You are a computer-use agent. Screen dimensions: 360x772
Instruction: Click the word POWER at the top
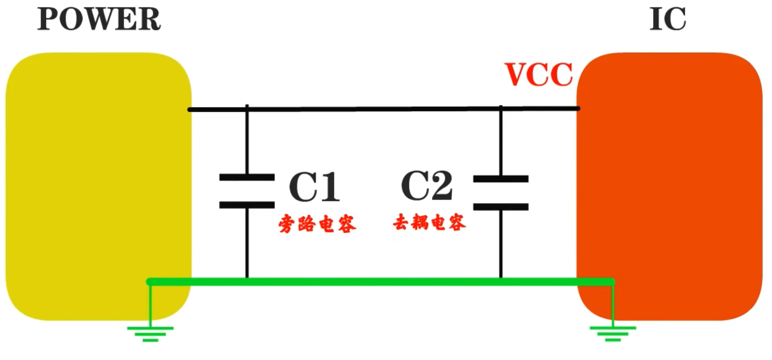pyautogui.click(x=99, y=19)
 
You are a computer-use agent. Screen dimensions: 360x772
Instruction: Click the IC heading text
pyautogui.click(x=667, y=19)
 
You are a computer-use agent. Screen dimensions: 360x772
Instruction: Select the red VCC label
pyautogui.click(x=539, y=74)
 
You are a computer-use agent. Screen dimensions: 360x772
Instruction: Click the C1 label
pyautogui.click(x=314, y=187)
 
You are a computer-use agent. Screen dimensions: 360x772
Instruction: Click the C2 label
pyautogui.click(x=426, y=186)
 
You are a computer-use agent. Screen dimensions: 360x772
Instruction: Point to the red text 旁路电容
pyautogui.click(x=317, y=223)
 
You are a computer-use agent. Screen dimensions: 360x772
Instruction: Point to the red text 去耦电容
pyautogui.click(x=429, y=222)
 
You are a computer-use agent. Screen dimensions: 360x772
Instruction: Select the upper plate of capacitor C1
pyautogui.click(x=247, y=177)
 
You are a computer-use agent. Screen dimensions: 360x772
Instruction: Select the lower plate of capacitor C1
pyautogui.click(x=247, y=205)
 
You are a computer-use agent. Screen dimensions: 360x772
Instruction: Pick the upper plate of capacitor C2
pyautogui.click(x=501, y=179)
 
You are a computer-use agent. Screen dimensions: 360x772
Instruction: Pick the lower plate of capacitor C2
pyautogui.click(x=501, y=207)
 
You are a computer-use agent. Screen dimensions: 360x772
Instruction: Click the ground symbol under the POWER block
pyautogui.click(x=150, y=333)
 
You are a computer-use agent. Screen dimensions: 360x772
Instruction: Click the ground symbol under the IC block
pyautogui.click(x=612, y=333)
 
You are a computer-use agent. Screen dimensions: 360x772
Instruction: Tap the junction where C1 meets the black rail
pyautogui.click(x=247, y=109)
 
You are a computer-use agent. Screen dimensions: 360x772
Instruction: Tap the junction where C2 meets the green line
pyautogui.click(x=501, y=282)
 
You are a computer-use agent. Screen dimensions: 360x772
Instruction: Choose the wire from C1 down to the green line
pyautogui.click(x=247, y=243)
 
